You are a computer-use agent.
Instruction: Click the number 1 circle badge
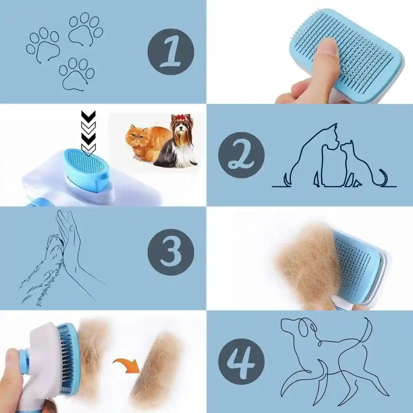click(x=171, y=52)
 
